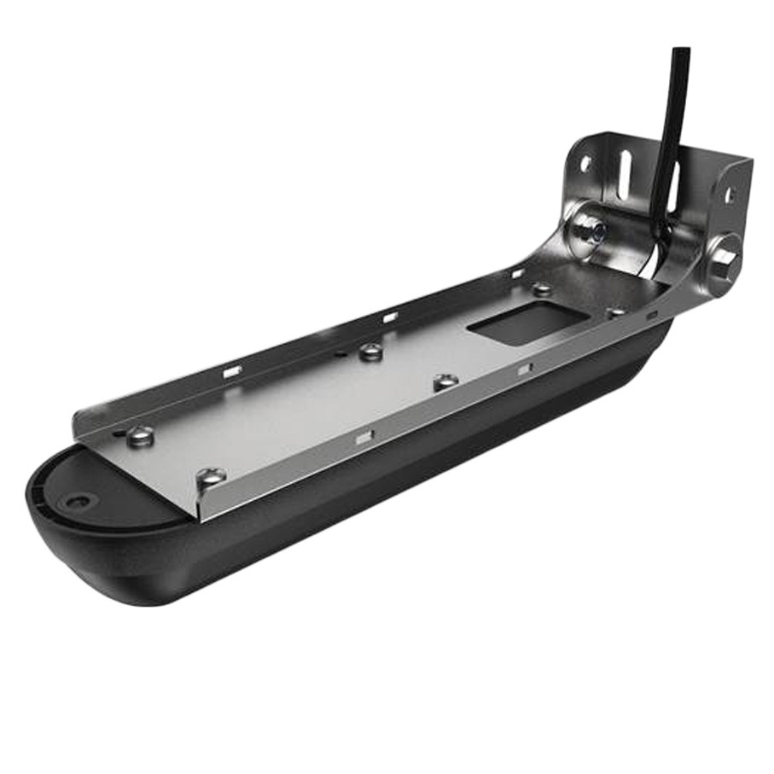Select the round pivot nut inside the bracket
point(591,229)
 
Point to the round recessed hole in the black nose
point(79,502)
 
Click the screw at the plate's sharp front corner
point(210,479)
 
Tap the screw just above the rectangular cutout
point(543,289)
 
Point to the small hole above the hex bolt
point(730,195)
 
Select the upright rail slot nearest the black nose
point(231,370)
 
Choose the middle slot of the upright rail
point(389,317)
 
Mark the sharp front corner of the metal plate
point(199,517)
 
